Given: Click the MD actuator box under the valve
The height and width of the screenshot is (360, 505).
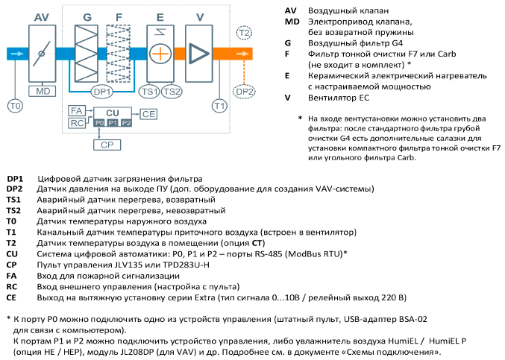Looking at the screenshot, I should tap(42, 91).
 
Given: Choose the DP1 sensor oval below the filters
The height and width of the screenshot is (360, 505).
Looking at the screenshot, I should tap(102, 92).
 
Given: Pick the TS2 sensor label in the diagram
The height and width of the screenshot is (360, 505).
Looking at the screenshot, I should tap(172, 92).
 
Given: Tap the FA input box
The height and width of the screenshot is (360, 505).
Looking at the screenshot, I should tap(76, 110).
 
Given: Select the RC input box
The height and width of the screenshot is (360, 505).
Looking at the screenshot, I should tap(76, 123).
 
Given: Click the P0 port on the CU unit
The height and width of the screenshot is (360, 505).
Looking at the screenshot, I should tap(99, 121).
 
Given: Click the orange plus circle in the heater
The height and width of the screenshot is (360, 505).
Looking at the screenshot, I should tap(160, 54).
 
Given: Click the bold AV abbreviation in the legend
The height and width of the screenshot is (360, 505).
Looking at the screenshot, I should tap(292, 11).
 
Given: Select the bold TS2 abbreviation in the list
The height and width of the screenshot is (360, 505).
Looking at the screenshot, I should tap(13, 211).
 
